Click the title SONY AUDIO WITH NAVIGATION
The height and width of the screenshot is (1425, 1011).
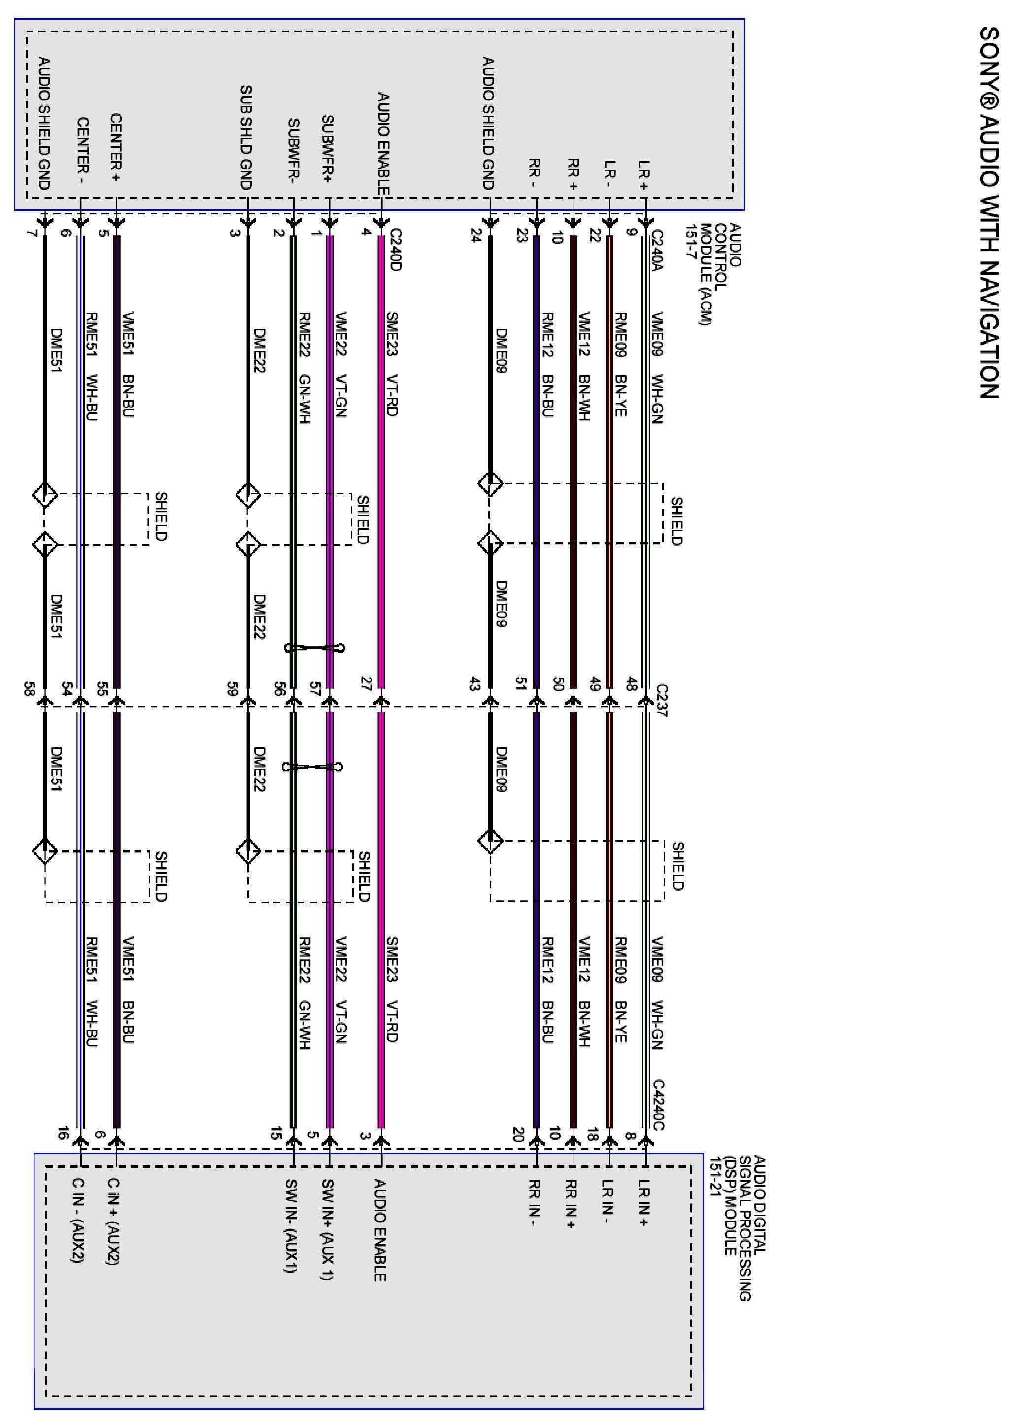pos(989,212)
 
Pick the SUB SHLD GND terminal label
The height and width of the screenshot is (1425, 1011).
pos(246,137)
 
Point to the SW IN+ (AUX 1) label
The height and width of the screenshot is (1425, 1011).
pos(327,1229)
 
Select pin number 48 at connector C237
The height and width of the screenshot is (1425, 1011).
pos(631,683)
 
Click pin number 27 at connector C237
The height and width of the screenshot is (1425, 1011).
pos(366,683)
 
